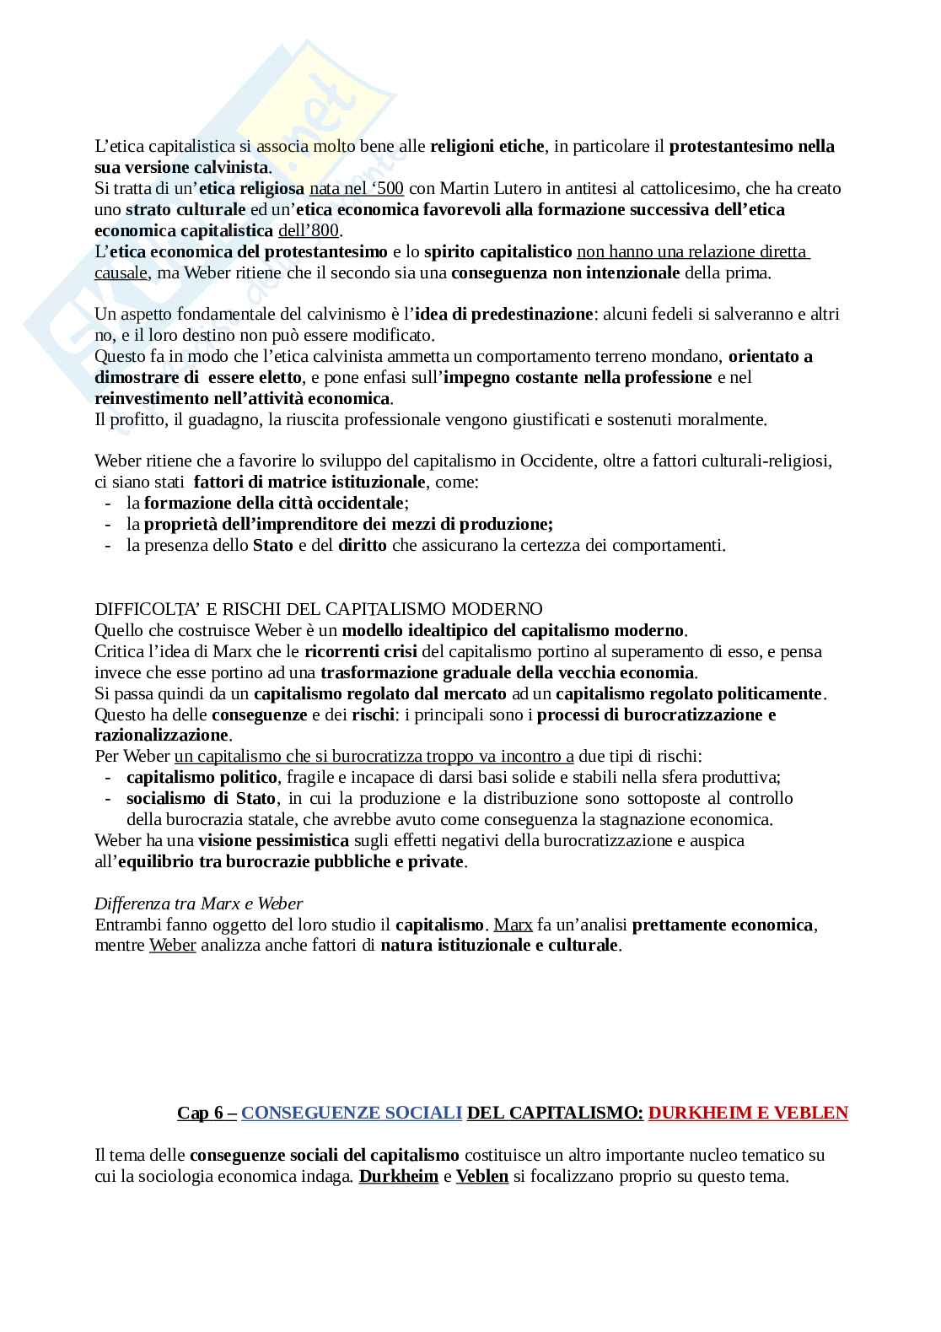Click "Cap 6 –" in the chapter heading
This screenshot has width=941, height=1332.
(x=207, y=1113)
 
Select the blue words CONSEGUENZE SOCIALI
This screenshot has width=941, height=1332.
(x=351, y=1113)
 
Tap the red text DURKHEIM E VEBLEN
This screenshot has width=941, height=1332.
(x=748, y=1113)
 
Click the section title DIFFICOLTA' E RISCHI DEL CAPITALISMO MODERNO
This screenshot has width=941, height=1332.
(x=319, y=609)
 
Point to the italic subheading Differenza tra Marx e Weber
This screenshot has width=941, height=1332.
(x=199, y=903)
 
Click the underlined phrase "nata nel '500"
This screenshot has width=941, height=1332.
(x=357, y=188)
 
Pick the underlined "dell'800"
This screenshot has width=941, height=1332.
(x=309, y=230)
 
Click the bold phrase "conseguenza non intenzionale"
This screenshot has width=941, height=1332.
(x=565, y=272)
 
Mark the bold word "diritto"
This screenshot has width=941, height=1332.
(x=362, y=546)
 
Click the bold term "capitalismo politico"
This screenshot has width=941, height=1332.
(x=202, y=777)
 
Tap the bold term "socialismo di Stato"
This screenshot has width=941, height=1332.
(x=201, y=798)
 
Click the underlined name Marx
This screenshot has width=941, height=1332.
(x=513, y=925)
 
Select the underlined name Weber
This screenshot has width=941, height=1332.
(x=172, y=946)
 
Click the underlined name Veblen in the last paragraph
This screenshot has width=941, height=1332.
(x=481, y=1176)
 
